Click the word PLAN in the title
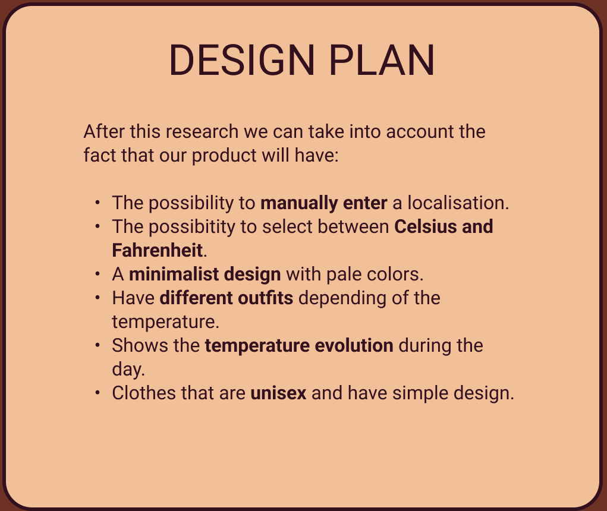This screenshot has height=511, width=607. point(382,61)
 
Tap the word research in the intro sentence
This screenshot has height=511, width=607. point(202,131)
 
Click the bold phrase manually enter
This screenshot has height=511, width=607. point(323,203)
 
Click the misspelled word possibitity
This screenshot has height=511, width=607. point(192,227)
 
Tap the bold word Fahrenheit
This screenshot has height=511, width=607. point(157,250)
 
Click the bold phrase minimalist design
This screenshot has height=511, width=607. point(205,275)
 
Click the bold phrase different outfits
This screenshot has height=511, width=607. point(227,298)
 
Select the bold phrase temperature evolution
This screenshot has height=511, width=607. point(299,346)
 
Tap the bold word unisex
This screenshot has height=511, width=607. point(278,393)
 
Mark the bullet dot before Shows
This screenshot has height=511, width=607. point(97,345)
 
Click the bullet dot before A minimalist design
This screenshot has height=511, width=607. point(97,274)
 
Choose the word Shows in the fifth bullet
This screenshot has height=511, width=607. point(140,346)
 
